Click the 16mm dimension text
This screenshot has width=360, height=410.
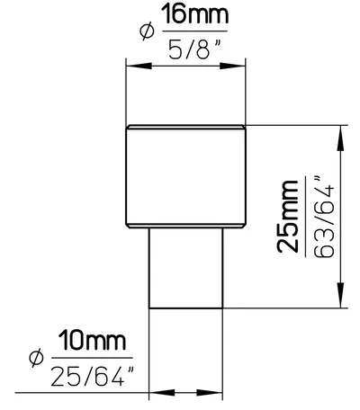pos(195,15)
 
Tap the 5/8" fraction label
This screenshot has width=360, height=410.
pos(194,49)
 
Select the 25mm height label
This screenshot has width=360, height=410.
pos(288,217)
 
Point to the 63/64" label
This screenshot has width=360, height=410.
pos(324,217)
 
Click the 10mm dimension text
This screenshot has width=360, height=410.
pos(92,341)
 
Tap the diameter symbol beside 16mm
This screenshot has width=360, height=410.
pos(148,31)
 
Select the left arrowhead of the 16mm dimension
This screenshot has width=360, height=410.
pos(139,66)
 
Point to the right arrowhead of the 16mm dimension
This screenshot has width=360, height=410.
pos(233,66)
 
